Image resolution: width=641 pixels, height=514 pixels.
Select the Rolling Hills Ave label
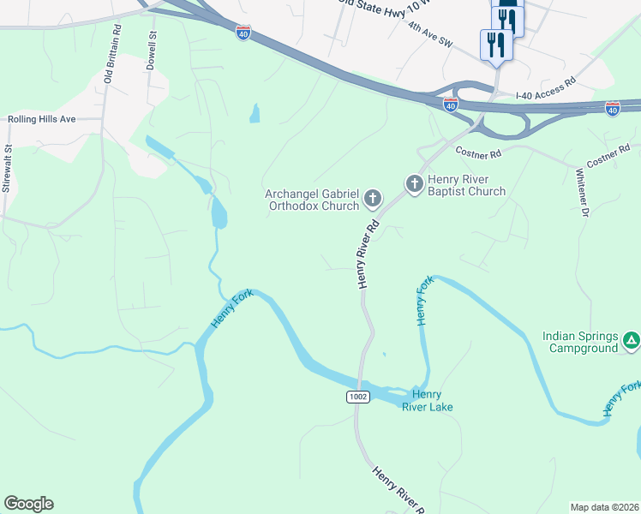[x=42, y=120]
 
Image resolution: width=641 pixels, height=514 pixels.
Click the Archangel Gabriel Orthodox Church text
[x=312, y=200]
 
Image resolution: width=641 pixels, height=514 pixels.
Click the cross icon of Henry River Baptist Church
[x=414, y=184]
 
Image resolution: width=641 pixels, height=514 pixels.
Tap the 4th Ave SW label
[x=430, y=34]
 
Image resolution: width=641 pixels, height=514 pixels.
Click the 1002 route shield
[x=359, y=397]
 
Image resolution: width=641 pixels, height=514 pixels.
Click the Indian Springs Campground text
[x=580, y=342]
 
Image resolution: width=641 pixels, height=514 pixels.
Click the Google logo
[x=28, y=504]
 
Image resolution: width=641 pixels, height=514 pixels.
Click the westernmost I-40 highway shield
[x=244, y=32]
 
